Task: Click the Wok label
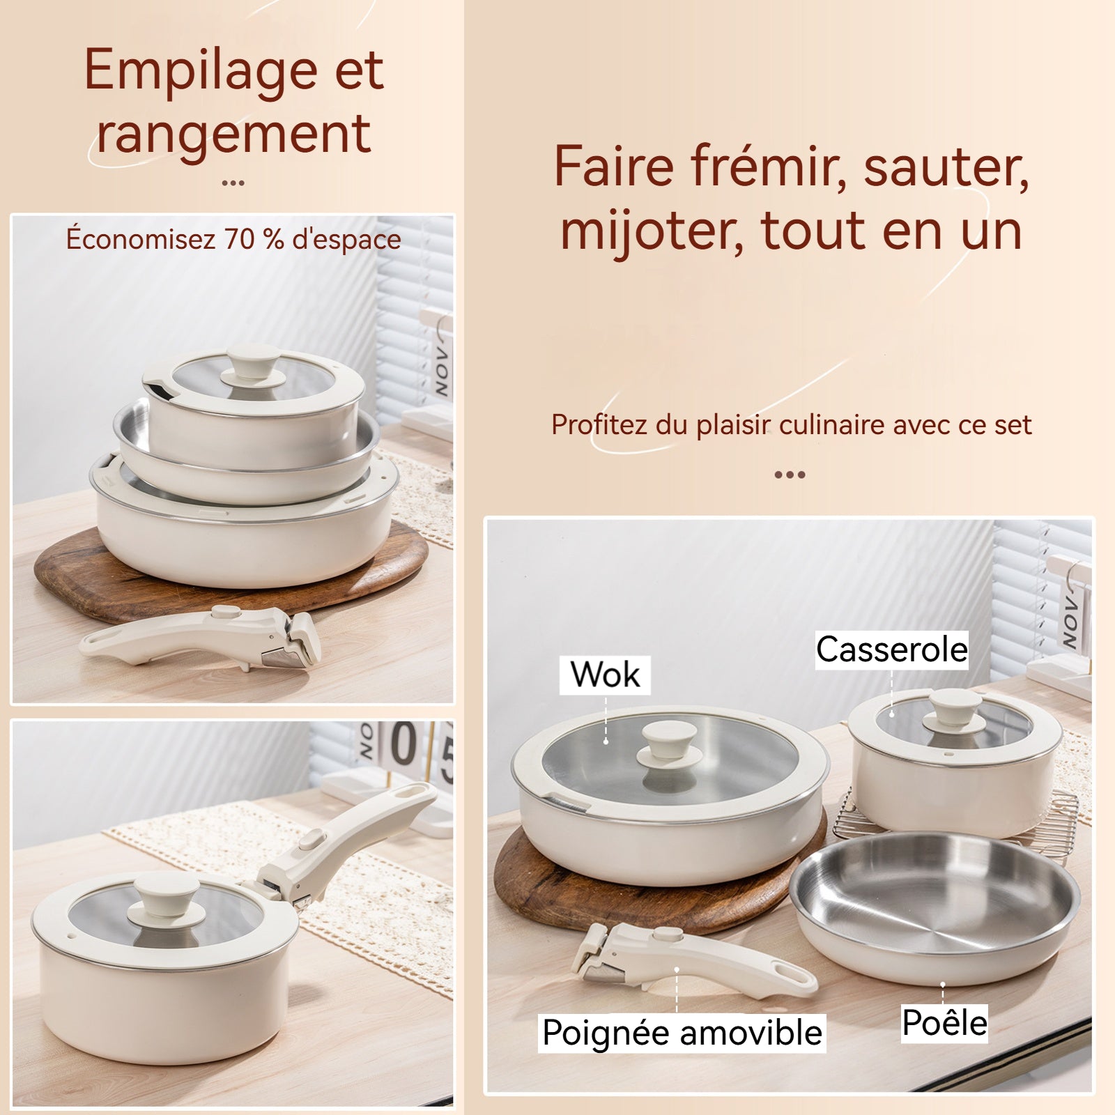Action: click(x=605, y=675)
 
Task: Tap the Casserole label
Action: click(x=892, y=650)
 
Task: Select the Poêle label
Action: click(x=944, y=1023)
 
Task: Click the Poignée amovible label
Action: click(x=683, y=1033)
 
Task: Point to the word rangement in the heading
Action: click(x=233, y=134)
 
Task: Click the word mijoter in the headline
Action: click(x=651, y=231)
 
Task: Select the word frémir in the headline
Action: click(x=769, y=167)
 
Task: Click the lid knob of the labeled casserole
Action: click(x=954, y=709)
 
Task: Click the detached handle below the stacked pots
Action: click(x=202, y=637)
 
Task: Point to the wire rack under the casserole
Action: click(x=955, y=815)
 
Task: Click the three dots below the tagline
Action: click(x=790, y=475)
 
